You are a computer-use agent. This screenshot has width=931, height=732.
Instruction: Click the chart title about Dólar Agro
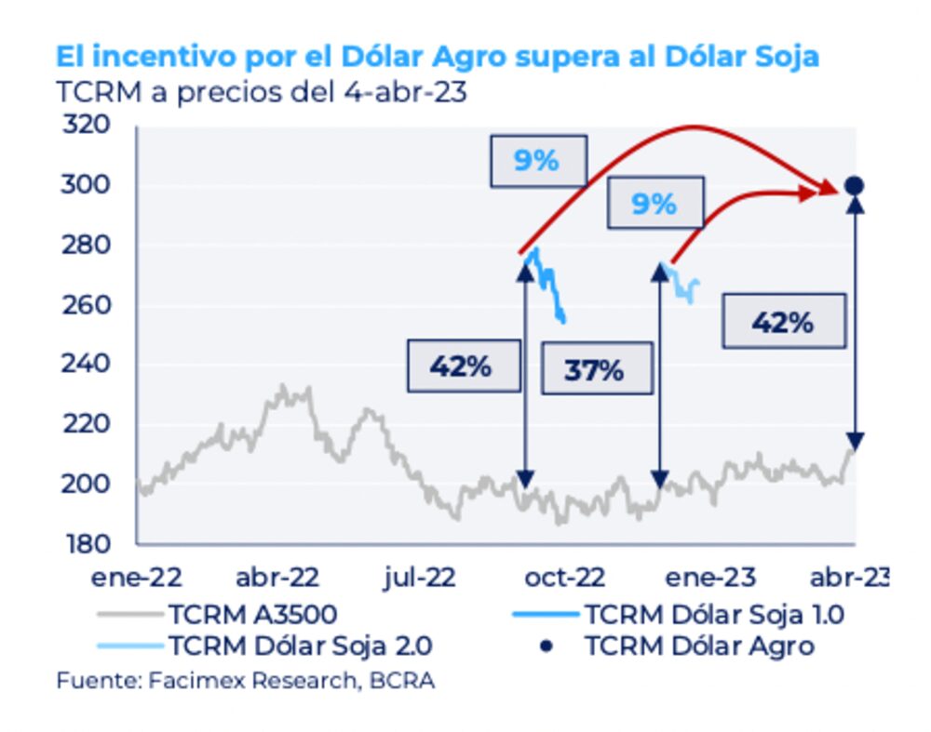tap(437, 56)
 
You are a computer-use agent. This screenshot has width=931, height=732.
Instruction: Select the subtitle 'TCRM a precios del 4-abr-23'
tap(261, 93)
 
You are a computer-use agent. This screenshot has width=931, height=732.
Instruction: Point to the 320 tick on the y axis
tap(86, 125)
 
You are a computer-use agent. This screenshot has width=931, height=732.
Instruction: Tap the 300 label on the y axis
tap(86, 185)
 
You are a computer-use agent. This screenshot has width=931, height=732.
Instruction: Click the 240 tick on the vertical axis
tap(86, 364)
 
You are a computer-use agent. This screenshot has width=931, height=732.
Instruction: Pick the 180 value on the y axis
tap(86, 543)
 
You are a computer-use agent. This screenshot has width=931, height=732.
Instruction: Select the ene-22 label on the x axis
tap(136, 578)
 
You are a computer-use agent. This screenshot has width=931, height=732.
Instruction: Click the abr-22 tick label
tap(277, 578)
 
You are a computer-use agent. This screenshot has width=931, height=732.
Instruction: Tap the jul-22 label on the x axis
tap(421, 578)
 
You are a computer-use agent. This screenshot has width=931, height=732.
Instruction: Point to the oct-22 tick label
tap(565, 578)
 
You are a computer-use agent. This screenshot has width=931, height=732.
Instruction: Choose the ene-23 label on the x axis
tap(708, 578)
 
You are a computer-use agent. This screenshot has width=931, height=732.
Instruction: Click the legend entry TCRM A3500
tap(252, 614)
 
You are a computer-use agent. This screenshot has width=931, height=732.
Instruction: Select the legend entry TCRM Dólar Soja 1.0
tap(713, 614)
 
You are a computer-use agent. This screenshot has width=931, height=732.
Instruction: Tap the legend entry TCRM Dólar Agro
tap(698, 645)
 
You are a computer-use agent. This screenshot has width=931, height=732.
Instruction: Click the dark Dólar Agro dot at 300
tap(854, 186)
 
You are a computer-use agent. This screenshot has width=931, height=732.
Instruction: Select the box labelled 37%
tap(595, 370)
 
